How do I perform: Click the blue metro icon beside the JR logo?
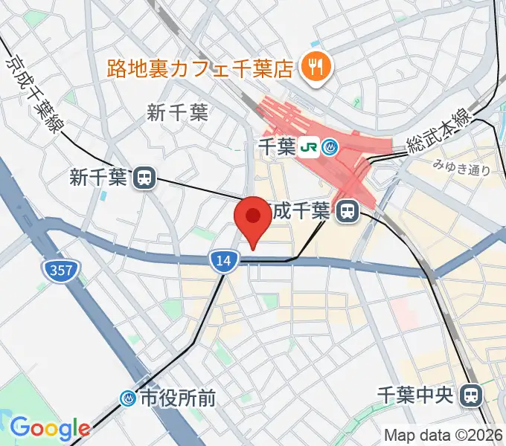tap(330, 148)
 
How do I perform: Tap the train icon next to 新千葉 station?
tap(144, 178)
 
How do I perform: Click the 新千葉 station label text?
tap(99, 178)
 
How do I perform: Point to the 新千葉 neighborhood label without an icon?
tap(178, 113)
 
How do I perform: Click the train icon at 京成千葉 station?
tap(345, 212)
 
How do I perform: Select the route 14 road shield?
tap(223, 259)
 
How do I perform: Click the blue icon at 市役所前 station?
tap(130, 399)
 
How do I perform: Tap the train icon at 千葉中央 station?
tap(471, 395)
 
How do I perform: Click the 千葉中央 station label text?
tap(414, 395)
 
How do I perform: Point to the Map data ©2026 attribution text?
tap(443, 435)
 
